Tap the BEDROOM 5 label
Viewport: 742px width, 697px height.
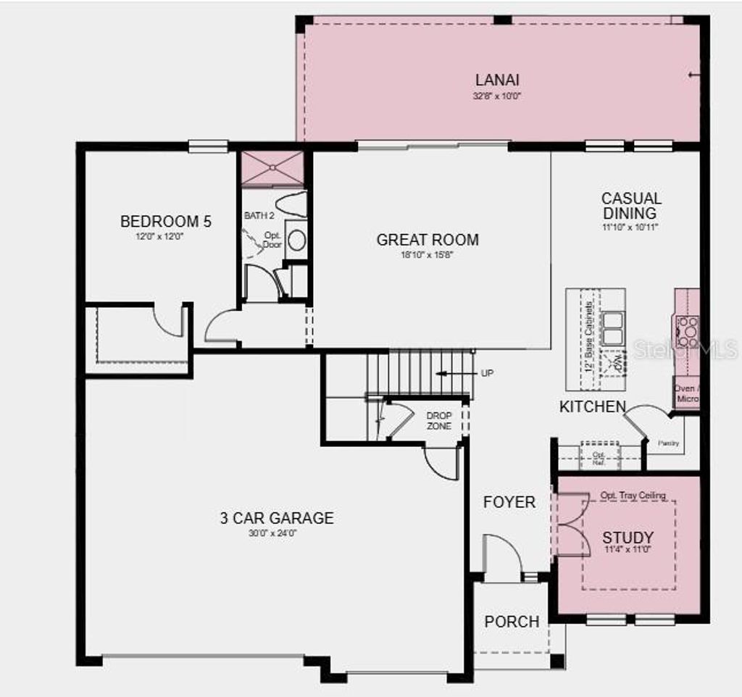coord(166,222)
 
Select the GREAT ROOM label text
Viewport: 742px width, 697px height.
coord(428,240)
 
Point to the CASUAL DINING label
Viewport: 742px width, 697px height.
coord(630,206)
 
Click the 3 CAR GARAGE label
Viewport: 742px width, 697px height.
coord(277,518)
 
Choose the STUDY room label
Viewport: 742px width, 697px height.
coord(628,538)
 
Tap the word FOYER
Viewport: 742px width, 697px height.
coord(509,502)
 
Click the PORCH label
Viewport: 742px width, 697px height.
coord(512,622)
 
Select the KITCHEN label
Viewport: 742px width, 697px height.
coord(592,407)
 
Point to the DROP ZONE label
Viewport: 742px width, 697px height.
coord(439,421)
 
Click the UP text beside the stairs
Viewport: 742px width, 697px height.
coord(488,374)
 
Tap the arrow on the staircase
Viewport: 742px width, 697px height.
coord(449,374)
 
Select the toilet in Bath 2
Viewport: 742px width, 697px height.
coord(293,205)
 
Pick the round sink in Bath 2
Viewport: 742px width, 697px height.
coord(296,241)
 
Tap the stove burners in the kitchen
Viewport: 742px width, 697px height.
coord(686,331)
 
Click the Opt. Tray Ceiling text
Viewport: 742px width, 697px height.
coord(633,496)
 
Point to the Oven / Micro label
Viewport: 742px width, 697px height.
coord(686,393)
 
